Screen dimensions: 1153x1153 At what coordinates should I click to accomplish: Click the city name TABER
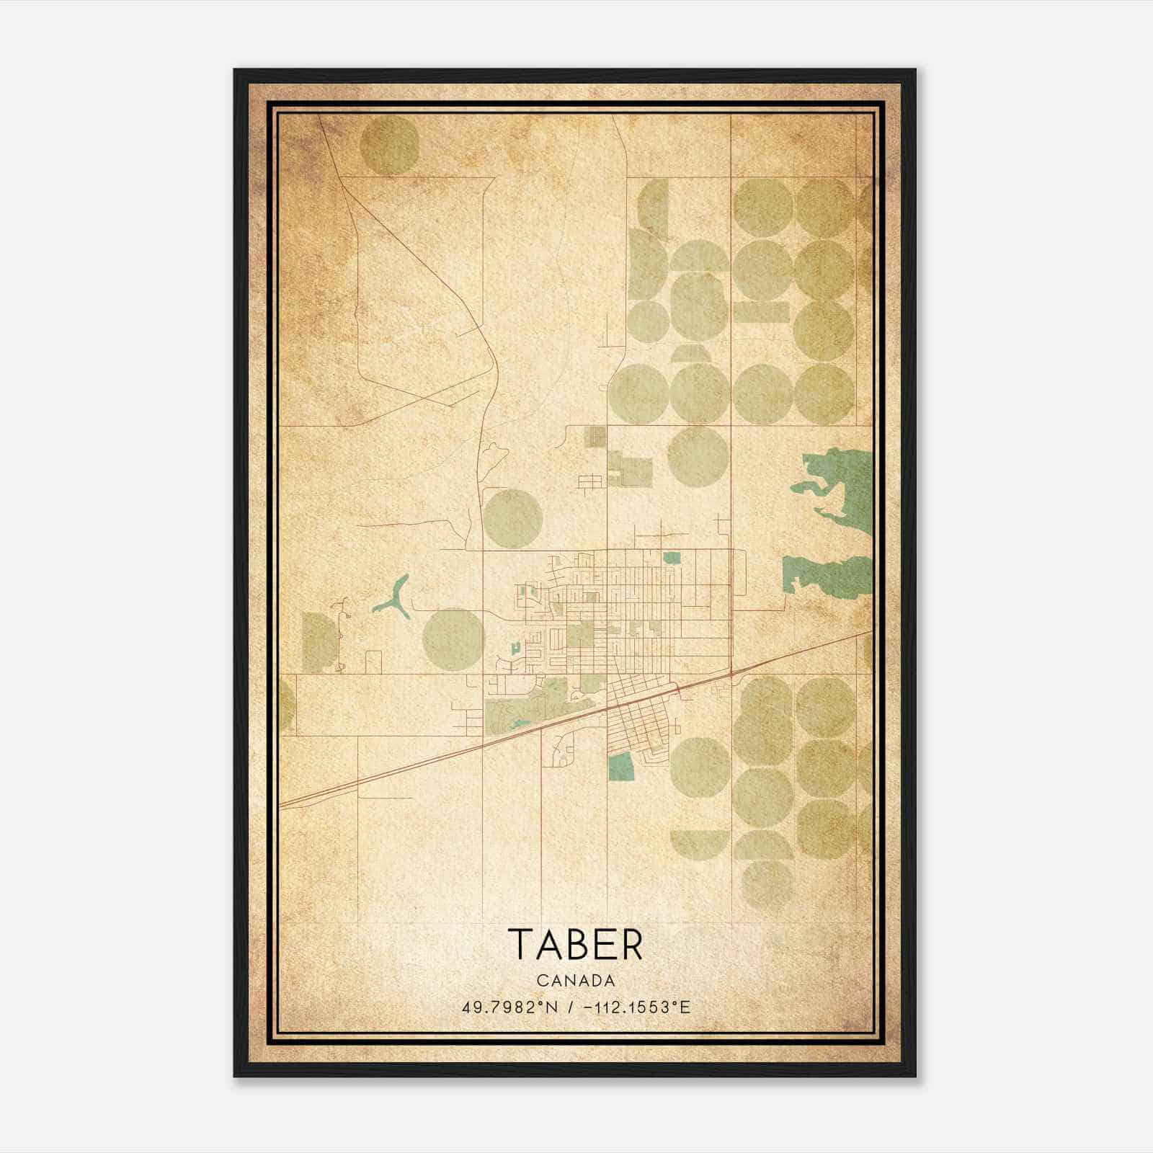click(575, 944)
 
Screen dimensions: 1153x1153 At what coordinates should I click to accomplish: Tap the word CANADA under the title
click(576, 981)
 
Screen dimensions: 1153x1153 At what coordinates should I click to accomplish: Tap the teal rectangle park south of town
click(620, 767)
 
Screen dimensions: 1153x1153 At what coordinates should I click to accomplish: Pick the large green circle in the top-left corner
click(388, 145)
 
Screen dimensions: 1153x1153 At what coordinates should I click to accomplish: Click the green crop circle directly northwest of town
click(512, 518)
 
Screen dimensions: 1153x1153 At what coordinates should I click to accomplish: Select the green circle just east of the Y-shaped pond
click(452, 638)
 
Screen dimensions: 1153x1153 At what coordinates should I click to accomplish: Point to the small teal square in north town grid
click(671, 557)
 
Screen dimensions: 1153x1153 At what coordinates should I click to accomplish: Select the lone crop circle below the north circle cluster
click(697, 456)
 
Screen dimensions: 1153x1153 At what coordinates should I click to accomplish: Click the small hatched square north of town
click(594, 436)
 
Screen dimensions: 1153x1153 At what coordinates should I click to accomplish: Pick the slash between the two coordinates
click(570, 1007)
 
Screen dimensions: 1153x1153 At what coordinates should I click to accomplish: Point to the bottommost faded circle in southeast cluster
click(767, 884)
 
